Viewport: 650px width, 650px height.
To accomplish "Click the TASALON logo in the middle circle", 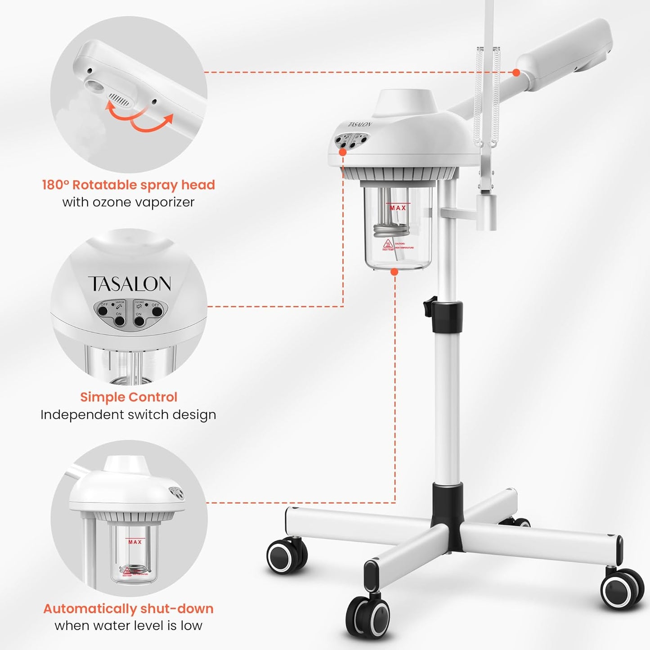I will coord(130,284).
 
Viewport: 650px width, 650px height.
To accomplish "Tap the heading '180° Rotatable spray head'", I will coord(128,185).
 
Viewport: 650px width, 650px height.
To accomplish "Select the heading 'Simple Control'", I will coord(129,397).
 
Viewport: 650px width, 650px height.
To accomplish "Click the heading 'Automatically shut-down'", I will coord(128,609).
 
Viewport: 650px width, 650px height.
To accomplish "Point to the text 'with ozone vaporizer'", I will coord(128,202).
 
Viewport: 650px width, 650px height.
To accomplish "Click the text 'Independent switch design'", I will coord(128,415).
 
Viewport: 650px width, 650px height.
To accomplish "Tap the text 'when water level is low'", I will coord(128,626).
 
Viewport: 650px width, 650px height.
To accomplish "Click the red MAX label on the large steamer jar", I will coord(398,207).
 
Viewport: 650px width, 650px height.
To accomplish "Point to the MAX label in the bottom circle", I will coord(135,542).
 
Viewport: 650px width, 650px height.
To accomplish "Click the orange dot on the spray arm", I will coord(516,72).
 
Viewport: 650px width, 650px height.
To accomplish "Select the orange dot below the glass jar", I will coord(394,272).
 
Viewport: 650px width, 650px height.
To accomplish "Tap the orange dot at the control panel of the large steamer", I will coord(343,152).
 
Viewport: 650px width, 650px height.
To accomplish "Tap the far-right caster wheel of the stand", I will coord(622,589).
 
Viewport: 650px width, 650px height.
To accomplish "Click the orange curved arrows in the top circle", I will coord(139,116).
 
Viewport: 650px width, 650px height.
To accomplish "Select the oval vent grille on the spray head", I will coord(119,99).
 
